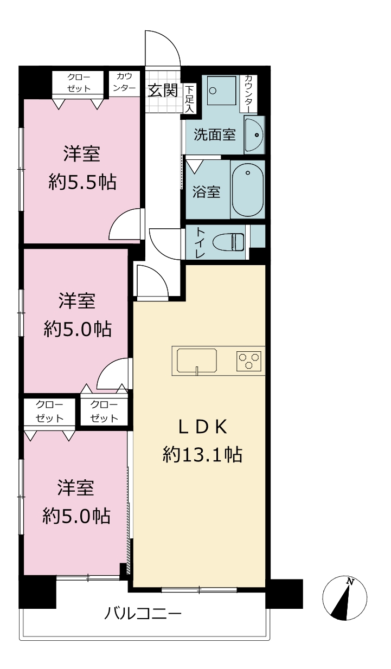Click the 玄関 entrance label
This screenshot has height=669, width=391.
coord(163,90)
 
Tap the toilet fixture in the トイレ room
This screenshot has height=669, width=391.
coord(228,242)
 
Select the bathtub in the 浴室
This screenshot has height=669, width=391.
coord(248,189)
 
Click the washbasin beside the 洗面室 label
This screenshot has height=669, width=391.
coord(254,135)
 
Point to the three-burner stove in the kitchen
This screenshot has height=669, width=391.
coord(249,361)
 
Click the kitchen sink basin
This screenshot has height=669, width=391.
coord(197,361)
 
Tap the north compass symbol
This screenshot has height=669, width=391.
coord(345,597)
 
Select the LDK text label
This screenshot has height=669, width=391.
coord(202,427)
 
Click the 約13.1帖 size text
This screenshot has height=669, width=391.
coord(202,454)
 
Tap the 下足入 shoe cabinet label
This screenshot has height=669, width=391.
coord(189,99)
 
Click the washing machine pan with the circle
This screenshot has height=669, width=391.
coord(222,90)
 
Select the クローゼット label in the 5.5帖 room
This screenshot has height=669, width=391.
coord(79,83)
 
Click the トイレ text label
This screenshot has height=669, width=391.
coord(201,242)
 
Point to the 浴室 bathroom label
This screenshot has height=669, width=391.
coord(206,191)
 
